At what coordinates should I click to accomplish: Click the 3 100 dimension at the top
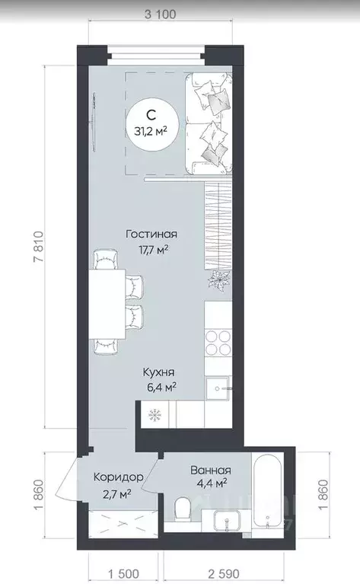[160, 14]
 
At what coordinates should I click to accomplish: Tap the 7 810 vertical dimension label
[39, 247]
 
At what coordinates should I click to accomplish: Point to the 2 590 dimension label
[218, 573]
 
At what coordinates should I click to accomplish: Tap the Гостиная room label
[151, 235]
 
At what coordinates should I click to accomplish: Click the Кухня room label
[158, 372]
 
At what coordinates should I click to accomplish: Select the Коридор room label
[119, 477]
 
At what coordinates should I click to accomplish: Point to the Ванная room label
[211, 470]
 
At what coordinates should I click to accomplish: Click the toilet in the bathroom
[183, 507]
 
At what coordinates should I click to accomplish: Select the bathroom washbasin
[227, 519]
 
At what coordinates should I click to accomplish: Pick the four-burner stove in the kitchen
[218, 343]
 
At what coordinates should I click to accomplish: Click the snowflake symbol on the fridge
[155, 414]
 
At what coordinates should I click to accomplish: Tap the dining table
[107, 305]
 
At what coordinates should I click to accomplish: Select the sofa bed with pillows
[209, 124]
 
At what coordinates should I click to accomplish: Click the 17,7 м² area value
[154, 249]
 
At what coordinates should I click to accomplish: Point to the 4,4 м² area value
[212, 483]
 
